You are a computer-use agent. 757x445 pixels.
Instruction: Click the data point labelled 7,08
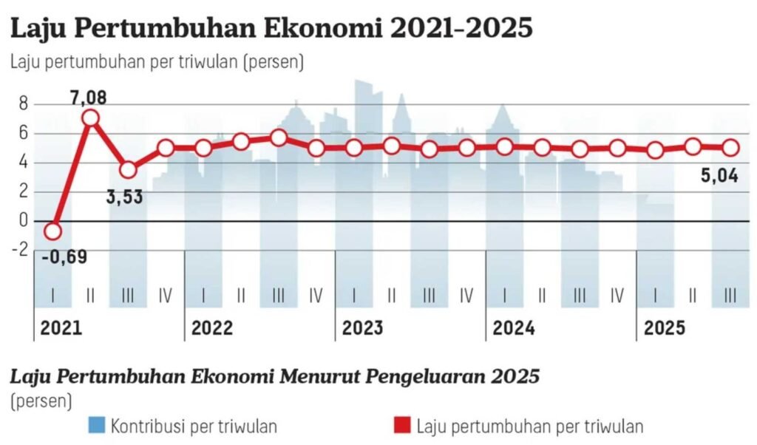click(x=90, y=118)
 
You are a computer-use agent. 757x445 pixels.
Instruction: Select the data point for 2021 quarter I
click(x=52, y=231)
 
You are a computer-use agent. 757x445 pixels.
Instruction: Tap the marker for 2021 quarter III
click(x=128, y=170)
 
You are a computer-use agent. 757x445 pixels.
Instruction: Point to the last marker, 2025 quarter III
click(x=730, y=148)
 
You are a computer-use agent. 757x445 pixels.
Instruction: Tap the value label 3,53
click(x=125, y=197)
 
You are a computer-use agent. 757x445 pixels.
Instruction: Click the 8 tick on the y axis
click(x=23, y=105)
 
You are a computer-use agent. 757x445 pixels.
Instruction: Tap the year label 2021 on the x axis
click(x=61, y=327)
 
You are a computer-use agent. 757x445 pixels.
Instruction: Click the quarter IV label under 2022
click(x=316, y=296)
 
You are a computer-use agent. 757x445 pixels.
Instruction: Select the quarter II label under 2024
click(x=542, y=296)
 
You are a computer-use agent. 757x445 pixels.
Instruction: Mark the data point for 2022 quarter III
click(x=279, y=138)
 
